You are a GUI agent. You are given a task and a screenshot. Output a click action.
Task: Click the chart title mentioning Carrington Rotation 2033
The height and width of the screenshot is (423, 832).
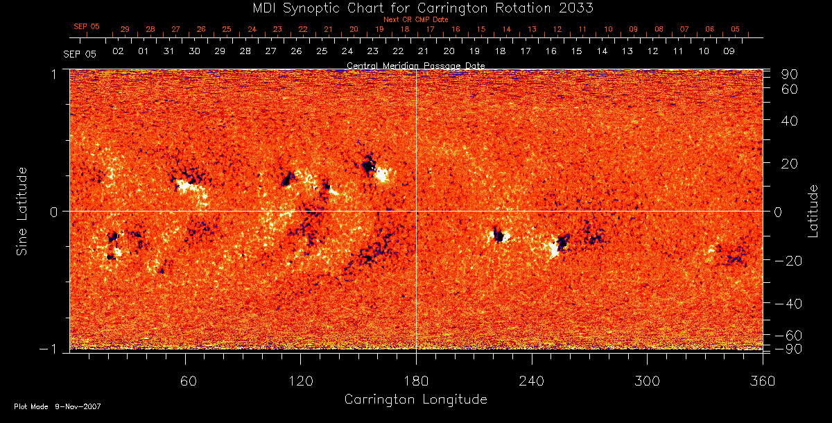tap(415, 8)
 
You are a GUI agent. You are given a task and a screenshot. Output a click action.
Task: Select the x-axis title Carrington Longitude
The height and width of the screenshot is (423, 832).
tap(415, 399)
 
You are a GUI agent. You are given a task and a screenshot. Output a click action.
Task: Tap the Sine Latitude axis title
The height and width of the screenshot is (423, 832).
tap(23, 210)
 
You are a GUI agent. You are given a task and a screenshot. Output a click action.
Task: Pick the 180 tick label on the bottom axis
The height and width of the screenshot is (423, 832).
tap(416, 381)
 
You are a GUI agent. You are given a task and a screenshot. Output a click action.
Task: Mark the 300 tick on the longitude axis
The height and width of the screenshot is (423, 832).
tap(647, 381)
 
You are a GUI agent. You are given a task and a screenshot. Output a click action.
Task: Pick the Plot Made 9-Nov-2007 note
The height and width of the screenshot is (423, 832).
tap(58, 406)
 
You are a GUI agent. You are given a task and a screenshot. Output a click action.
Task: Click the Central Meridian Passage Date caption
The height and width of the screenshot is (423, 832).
tap(415, 66)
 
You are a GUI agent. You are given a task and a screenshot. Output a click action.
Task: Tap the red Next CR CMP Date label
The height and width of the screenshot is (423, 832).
tap(415, 19)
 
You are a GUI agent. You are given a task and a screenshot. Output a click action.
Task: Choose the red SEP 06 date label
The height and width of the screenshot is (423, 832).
tap(87, 26)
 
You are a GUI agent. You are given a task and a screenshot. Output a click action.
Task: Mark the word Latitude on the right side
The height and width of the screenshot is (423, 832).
tap(813, 210)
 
